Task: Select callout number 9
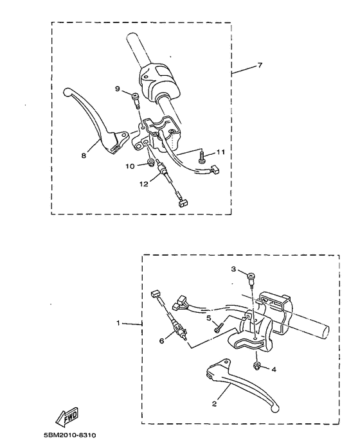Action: [x=118, y=89]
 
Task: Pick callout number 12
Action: [x=144, y=183]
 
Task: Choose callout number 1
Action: [x=118, y=323]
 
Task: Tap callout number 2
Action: [x=215, y=405]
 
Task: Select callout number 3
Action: [x=234, y=270]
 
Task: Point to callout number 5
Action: [x=209, y=317]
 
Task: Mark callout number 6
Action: [x=162, y=340]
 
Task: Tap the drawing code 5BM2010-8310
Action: [x=71, y=436]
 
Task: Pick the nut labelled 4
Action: [x=257, y=366]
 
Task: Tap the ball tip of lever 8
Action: [x=69, y=92]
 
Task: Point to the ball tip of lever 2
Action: [x=276, y=407]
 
